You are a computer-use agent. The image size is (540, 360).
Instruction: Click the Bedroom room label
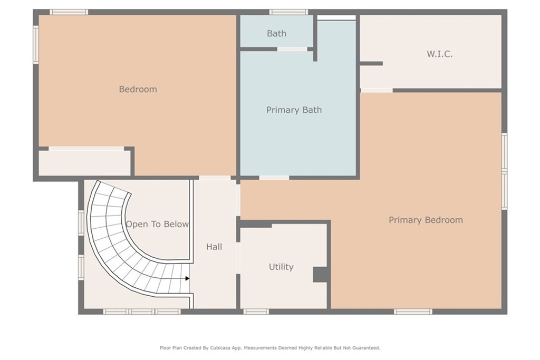point(138,89)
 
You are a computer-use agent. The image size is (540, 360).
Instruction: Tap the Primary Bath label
point(294,110)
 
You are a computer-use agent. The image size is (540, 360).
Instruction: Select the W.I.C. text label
point(439,54)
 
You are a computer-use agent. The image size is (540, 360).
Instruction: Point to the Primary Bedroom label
point(426,220)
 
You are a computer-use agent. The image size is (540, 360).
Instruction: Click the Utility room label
point(281,267)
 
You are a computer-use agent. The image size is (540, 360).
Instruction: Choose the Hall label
point(214,247)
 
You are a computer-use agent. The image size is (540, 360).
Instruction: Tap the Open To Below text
point(157,224)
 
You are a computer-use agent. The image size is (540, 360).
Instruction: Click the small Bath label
point(276,33)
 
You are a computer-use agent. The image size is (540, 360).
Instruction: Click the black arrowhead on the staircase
point(187,278)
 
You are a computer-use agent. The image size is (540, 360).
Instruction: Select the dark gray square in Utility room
point(320,275)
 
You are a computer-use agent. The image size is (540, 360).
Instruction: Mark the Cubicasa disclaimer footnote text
point(270,348)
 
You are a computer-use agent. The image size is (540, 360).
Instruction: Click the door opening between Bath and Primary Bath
point(292,49)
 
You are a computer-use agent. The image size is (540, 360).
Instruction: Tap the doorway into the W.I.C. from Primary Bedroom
point(377,91)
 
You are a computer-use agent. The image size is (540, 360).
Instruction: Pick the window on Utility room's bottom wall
point(256,312)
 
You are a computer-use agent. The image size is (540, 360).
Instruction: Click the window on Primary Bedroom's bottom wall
point(413,312)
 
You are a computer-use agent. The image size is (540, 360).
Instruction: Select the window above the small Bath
point(288,12)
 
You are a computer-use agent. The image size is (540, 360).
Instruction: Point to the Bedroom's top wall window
point(69,12)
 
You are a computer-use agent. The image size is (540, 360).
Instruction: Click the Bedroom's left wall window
point(36,44)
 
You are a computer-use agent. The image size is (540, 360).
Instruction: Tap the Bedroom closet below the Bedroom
point(84,163)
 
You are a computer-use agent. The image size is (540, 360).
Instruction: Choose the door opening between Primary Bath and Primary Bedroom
point(274,178)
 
